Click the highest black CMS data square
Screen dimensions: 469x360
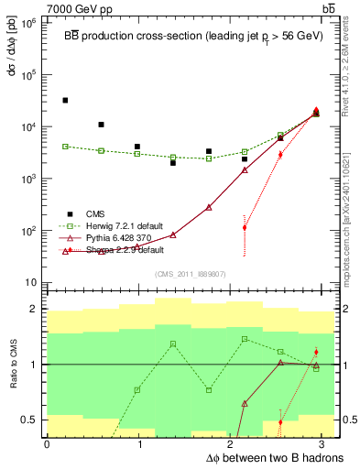[x=65, y=100]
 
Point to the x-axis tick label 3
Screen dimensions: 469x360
[x=327, y=444]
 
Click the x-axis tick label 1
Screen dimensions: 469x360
[x=140, y=444]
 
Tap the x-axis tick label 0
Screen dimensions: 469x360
[x=47, y=444]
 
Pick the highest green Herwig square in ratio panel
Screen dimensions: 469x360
[x=245, y=339]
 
